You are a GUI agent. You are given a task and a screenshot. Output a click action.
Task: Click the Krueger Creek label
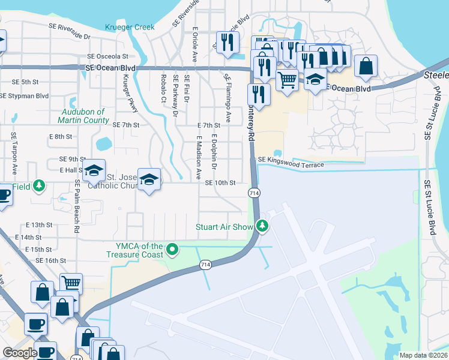click(x=130, y=28)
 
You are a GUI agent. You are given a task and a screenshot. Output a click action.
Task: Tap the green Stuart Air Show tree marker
click(x=262, y=226)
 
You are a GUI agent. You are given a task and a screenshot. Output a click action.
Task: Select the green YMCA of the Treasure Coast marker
click(x=172, y=248)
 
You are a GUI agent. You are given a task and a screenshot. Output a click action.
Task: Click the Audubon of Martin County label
click(x=84, y=116)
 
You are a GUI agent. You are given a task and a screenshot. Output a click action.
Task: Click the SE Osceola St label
click(x=108, y=56)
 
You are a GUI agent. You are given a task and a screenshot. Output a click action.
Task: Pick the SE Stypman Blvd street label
click(x=25, y=95)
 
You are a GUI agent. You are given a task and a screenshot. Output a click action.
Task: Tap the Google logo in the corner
click(x=19, y=353)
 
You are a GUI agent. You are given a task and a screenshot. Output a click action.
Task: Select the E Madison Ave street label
click(x=199, y=157)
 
